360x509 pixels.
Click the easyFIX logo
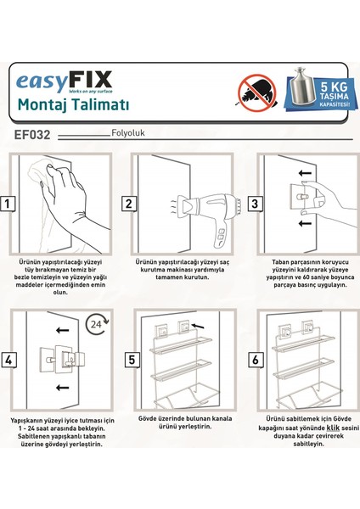[64, 82]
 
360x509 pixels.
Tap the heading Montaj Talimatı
[73, 104]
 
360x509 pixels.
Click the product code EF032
[32, 135]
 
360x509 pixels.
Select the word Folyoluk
[128, 133]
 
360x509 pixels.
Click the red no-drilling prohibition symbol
[257, 92]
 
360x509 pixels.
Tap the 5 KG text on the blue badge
[334, 87]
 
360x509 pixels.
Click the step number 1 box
[7, 204]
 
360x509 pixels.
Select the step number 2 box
[129, 204]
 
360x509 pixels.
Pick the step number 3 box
[255, 204]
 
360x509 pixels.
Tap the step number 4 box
[8, 360]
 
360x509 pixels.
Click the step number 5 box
[132, 360]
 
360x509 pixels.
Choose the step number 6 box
[256, 360]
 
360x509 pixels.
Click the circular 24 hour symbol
[97, 324]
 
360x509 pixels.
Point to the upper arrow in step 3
[305, 173]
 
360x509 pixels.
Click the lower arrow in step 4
[62, 388]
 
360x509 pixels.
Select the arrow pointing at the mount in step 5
[198, 326]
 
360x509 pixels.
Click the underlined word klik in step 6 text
[334, 428]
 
